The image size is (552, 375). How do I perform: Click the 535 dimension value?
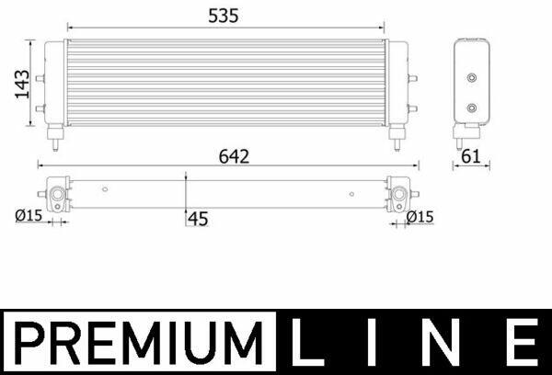tap(224, 16)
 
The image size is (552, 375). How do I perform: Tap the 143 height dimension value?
tap(22, 84)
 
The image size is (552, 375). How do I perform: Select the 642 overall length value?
tap(234, 156)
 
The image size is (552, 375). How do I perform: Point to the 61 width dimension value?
tap(471, 156)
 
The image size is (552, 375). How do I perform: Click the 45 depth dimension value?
tap(198, 219)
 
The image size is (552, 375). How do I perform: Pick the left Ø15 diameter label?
tap(29, 215)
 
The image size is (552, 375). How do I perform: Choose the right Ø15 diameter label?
tap(420, 217)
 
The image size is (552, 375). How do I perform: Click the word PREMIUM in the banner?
tap(139, 343)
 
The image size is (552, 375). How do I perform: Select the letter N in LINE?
tap(444, 342)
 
